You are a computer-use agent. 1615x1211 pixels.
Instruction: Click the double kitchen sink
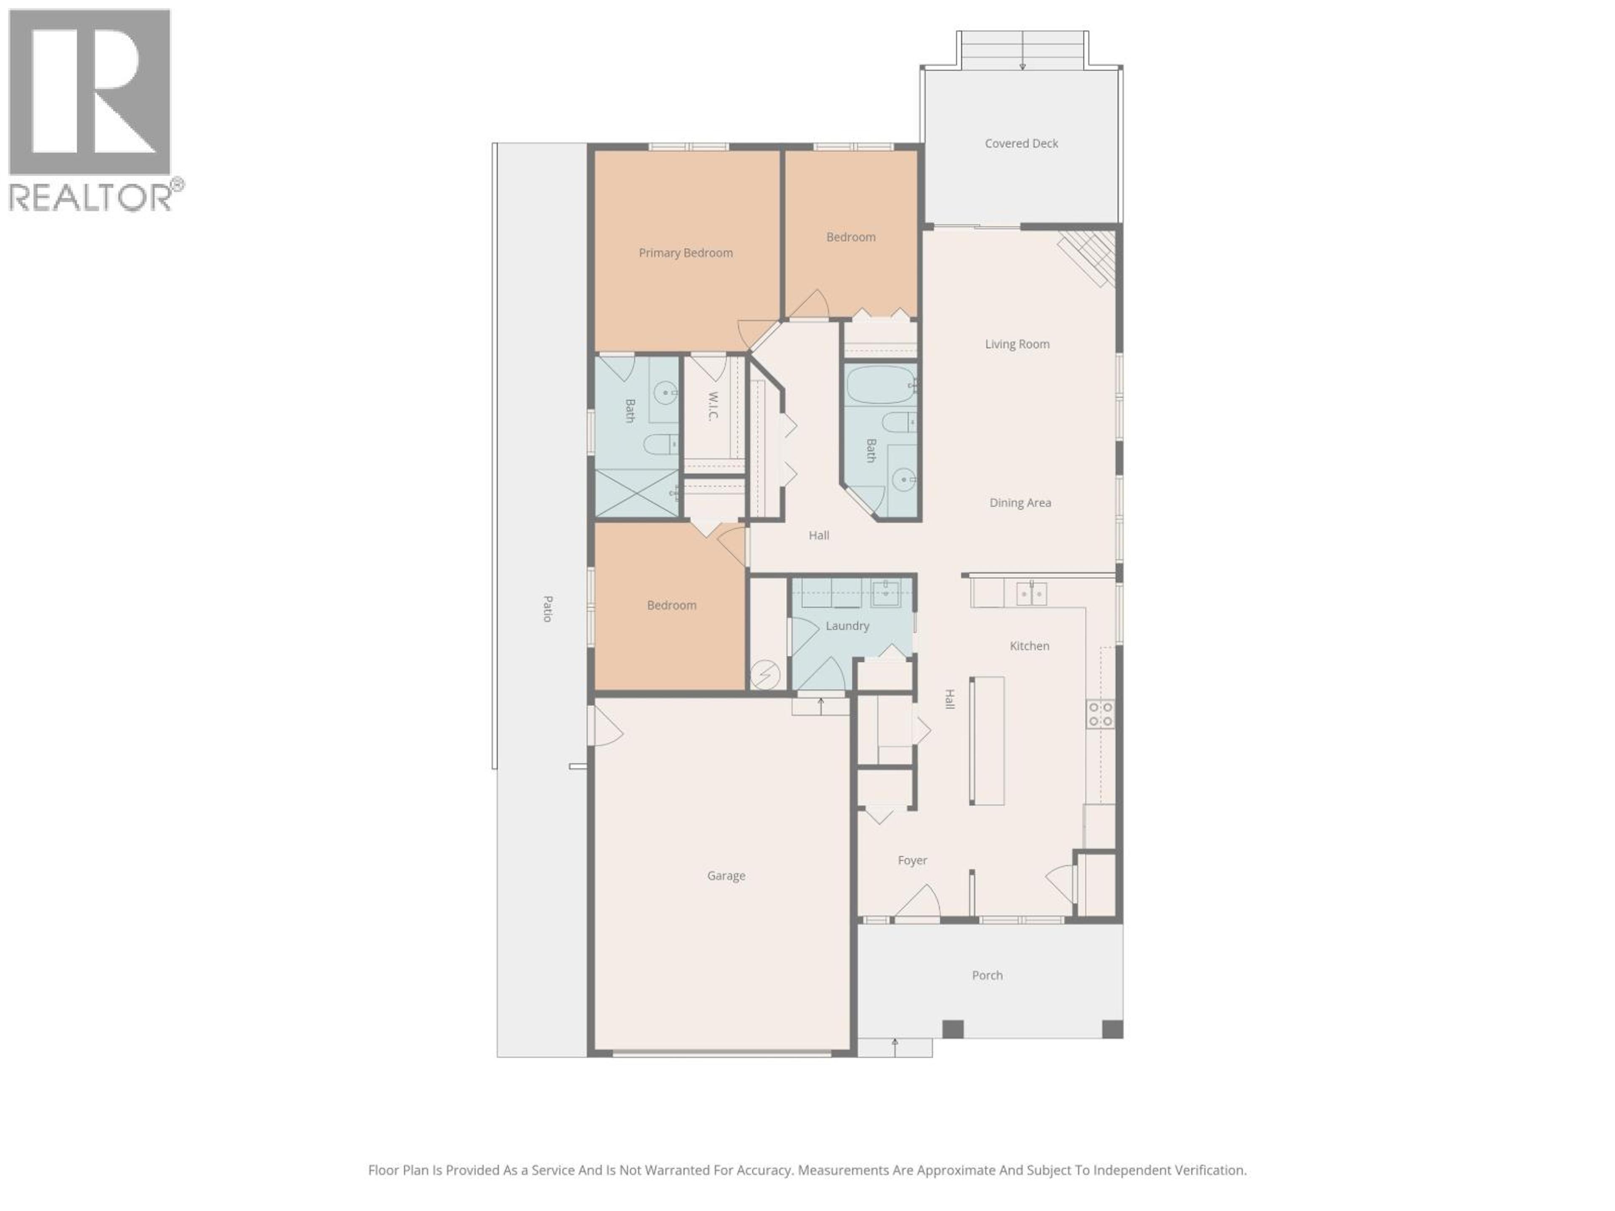(1031, 593)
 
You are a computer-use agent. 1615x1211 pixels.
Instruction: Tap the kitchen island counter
(986, 740)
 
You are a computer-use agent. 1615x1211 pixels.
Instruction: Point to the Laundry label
(847, 626)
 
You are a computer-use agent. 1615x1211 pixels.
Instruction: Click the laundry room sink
(886, 593)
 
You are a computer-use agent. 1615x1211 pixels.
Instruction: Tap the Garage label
(726, 875)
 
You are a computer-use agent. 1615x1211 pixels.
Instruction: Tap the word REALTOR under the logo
(90, 197)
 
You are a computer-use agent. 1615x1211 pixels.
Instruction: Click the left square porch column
(953, 1029)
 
